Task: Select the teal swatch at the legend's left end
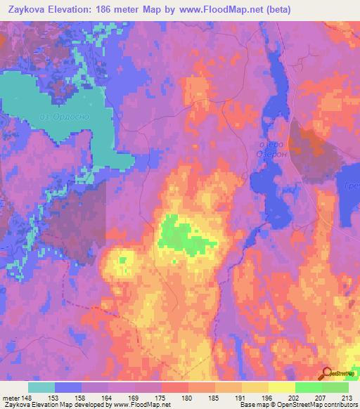pos(41,387)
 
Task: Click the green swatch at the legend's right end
pos(335,387)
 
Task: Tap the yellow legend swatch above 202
pos(282,387)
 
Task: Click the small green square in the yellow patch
pos(122,261)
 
